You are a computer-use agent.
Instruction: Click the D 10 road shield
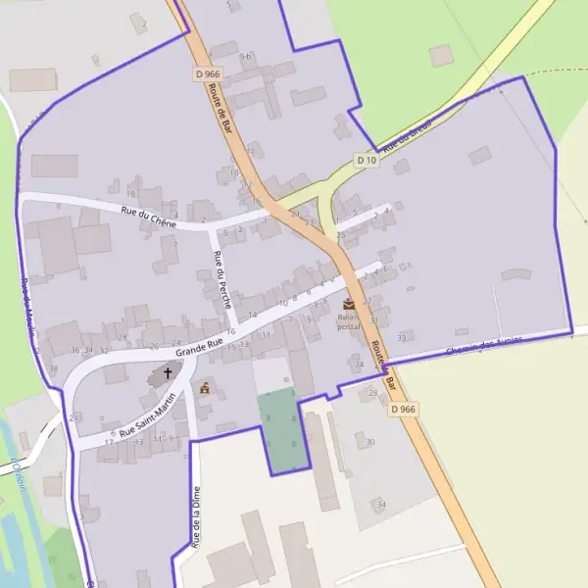367,160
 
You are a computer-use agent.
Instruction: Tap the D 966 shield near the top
206,74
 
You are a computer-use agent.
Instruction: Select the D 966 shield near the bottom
403,409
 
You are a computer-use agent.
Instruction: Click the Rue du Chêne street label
148,218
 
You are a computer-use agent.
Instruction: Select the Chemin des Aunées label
484,345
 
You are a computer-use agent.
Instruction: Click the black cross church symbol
168,373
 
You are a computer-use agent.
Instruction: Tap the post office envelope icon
349,305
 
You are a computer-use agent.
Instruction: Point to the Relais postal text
349,321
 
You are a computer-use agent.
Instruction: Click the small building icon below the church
205,388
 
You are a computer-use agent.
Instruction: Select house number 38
53,368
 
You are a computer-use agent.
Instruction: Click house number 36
75,350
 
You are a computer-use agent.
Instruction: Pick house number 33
402,338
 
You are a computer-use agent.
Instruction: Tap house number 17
109,442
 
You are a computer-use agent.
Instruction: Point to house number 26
153,346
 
